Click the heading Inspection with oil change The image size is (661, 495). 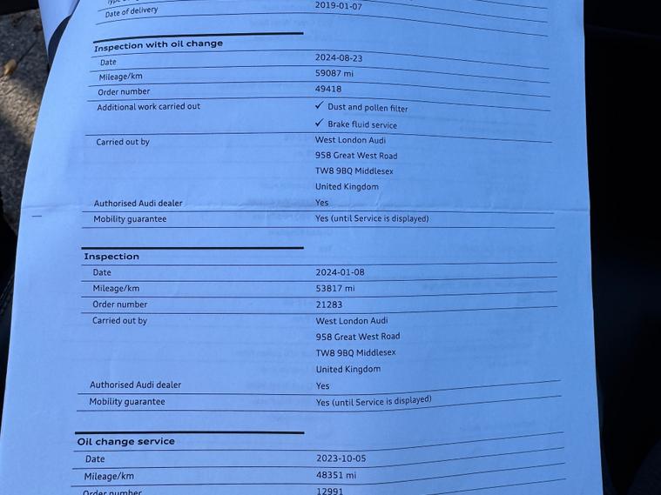(158, 44)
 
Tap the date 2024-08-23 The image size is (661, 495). (340, 57)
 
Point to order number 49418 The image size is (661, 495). (328, 89)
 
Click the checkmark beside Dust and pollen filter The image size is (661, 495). (320, 105)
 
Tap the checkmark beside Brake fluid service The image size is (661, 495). (319, 123)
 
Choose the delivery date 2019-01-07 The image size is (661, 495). (340, 5)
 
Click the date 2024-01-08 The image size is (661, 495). (341, 272)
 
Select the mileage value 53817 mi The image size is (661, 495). (335, 289)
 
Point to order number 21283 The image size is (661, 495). (329, 304)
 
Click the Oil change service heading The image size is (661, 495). (125, 441)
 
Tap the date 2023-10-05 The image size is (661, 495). (341, 458)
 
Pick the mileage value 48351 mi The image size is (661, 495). (336, 476)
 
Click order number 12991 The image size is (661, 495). (330, 492)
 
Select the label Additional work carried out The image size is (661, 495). (148, 106)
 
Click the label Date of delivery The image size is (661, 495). (132, 11)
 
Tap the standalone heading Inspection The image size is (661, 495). (111, 257)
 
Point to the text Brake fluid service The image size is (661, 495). (362, 124)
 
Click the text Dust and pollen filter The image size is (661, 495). (368, 108)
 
